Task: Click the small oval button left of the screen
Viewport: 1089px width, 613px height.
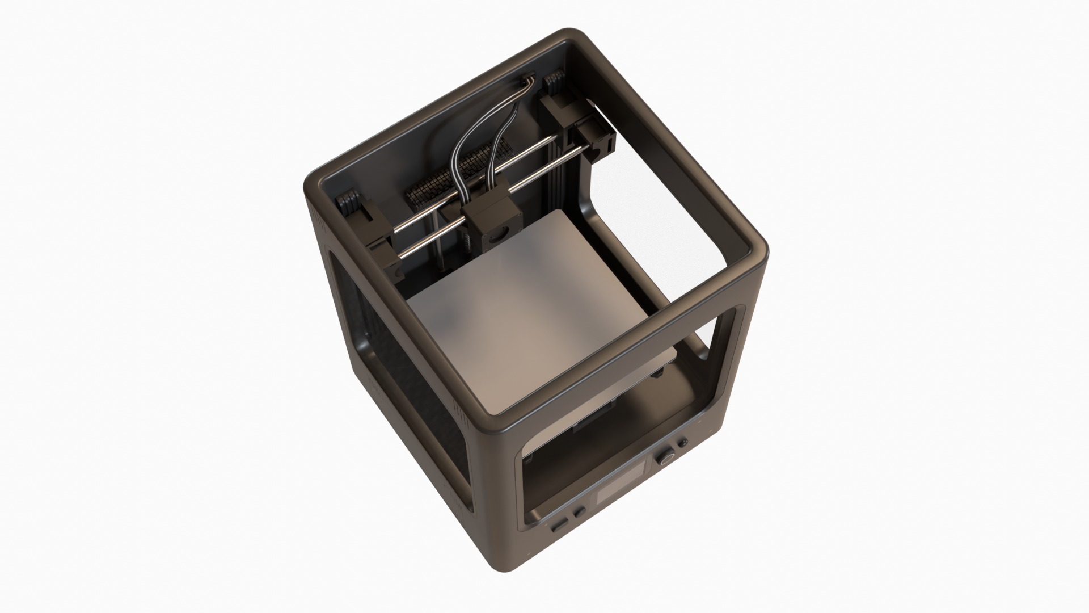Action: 560,524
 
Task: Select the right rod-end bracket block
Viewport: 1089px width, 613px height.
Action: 593,142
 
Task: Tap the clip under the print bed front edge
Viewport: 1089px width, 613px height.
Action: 659,373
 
